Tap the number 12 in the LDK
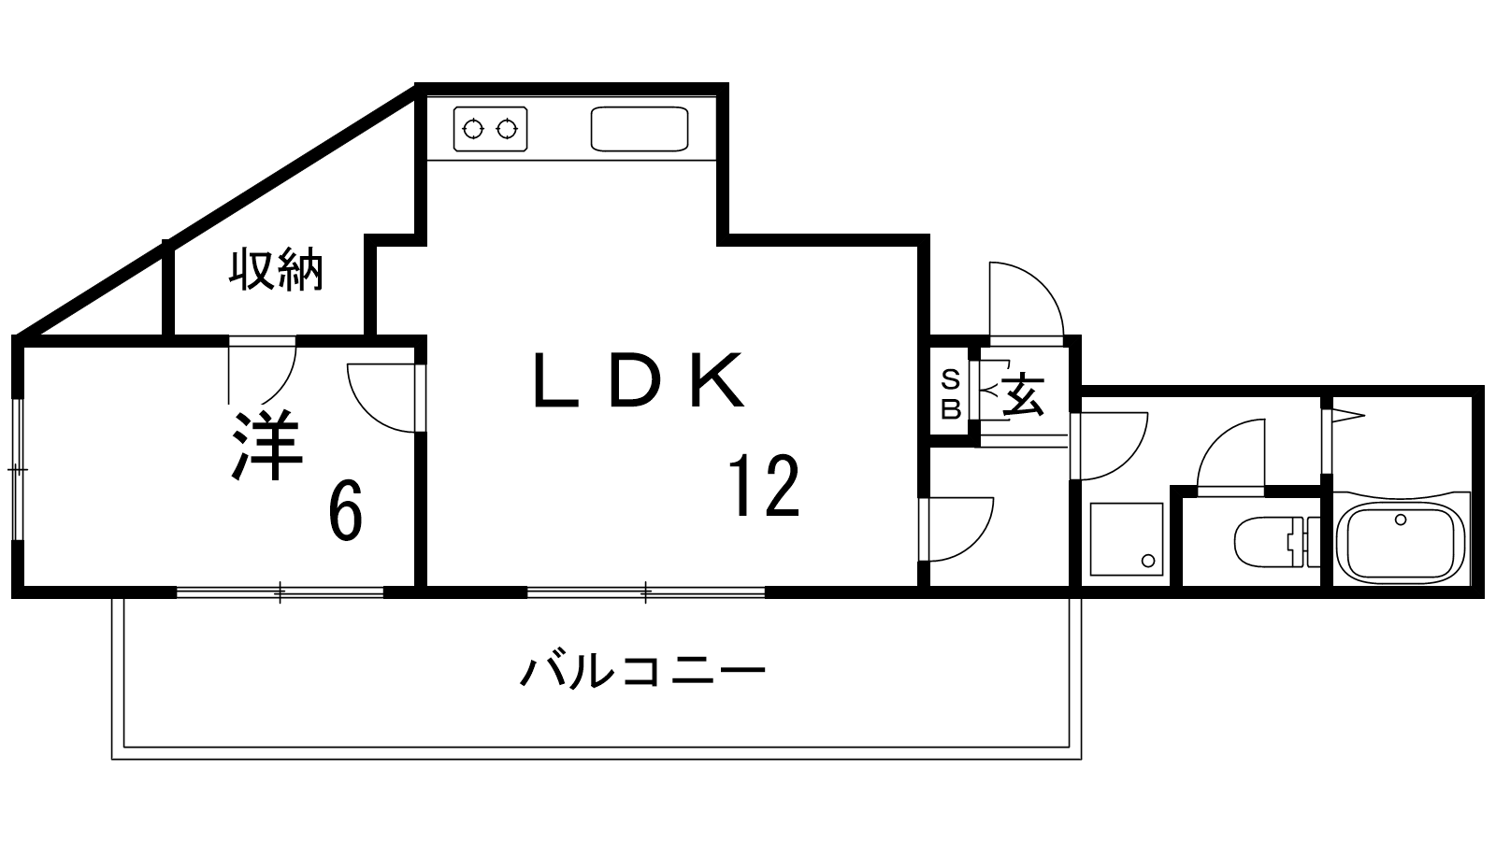(x=764, y=485)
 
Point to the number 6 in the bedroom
(x=345, y=511)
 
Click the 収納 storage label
(x=276, y=269)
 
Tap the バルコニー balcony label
(x=642, y=672)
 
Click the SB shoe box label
(x=950, y=395)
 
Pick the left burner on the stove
(x=473, y=129)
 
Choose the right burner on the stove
(x=508, y=129)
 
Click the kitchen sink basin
(x=640, y=129)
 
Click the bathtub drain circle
(x=1401, y=520)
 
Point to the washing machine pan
(x=1127, y=539)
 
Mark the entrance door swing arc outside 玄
(x=1027, y=300)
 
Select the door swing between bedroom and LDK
(x=381, y=398)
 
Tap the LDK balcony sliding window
(x=646, y=592)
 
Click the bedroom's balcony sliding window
(x=280, y=592)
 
